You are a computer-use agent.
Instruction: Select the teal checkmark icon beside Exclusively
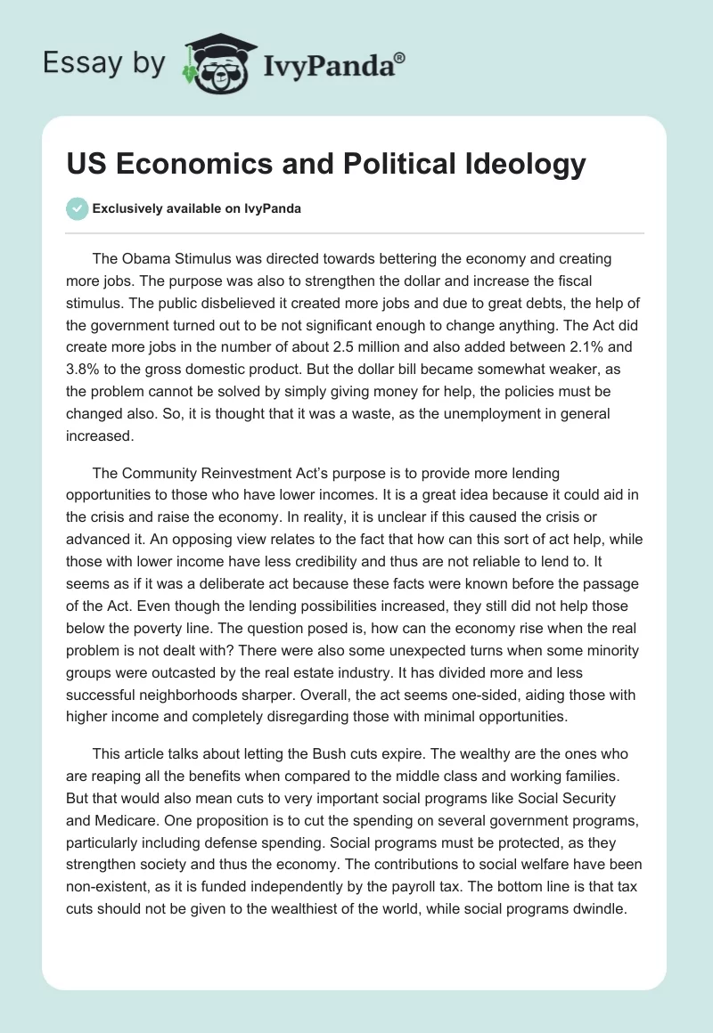pos(77,208)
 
